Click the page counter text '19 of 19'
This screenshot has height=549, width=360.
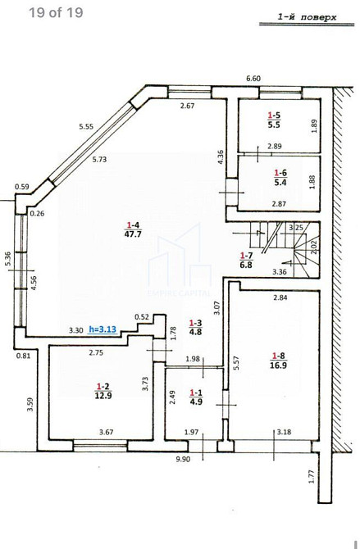click(55, 12)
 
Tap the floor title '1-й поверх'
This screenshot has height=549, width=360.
click(306, 16)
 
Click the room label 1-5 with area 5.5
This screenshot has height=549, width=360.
click(274, 121)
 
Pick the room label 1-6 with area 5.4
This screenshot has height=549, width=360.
click(279, 177)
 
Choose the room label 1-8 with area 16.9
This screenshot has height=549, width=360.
click(279, 361)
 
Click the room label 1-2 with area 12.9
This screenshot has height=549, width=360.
click(102, 391)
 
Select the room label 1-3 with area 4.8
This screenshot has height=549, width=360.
click(196, 328)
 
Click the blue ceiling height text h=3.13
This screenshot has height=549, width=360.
click(104, 329)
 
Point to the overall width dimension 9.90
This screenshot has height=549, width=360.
click(183, 459)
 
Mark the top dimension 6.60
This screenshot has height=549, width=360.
click(253, 79)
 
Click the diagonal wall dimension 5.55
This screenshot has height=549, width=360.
click(87, 126)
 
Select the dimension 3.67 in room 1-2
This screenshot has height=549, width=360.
click(107, 432)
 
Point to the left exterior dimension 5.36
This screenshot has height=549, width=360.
click(7, 259)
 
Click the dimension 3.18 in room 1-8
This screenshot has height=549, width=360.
click(283, 432)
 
